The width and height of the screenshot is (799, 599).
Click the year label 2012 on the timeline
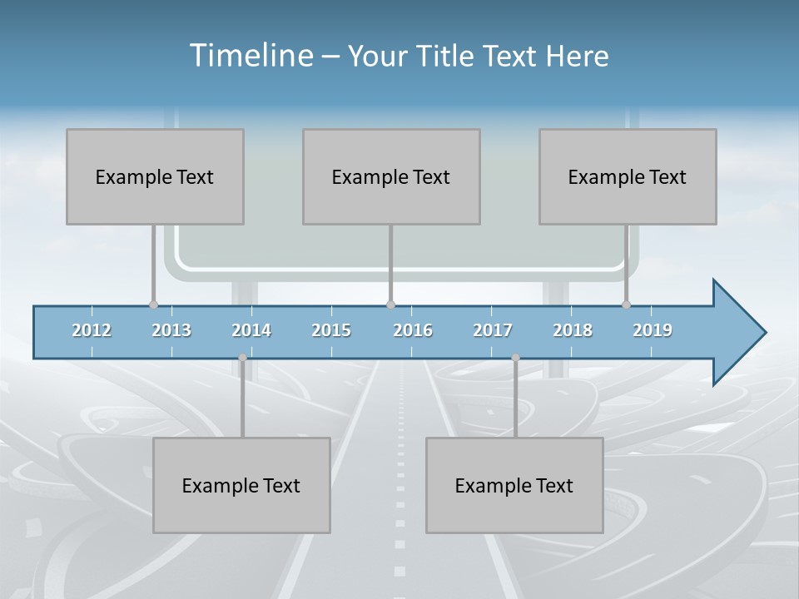point(92,330)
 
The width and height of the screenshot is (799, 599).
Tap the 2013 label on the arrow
point(171,330)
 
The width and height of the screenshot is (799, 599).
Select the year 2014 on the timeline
point(251,330)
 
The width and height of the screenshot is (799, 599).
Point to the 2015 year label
point(331,330)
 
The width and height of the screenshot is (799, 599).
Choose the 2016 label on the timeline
point(413,330)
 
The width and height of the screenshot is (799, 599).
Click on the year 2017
point(493,330)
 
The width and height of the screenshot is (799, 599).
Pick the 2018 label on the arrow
point(573,330)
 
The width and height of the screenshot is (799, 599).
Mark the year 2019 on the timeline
point(653,330)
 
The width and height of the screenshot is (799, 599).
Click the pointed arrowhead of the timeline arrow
point(741,332)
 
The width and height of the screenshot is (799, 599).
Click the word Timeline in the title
point(251,56)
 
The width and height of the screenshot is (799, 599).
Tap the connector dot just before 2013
point(153,305)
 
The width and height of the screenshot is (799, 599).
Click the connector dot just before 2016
point(390,305)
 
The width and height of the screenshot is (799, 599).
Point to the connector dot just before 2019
point(627,305)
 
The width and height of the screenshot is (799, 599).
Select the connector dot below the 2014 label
point(242,358)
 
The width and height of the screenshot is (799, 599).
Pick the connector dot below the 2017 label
point(515,358)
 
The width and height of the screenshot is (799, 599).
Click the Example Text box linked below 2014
point(241,485)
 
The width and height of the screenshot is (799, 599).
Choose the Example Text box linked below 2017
point(514,485)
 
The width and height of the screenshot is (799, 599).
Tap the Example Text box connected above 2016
point(391,176)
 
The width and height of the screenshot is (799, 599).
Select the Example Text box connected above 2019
point(628,176)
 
